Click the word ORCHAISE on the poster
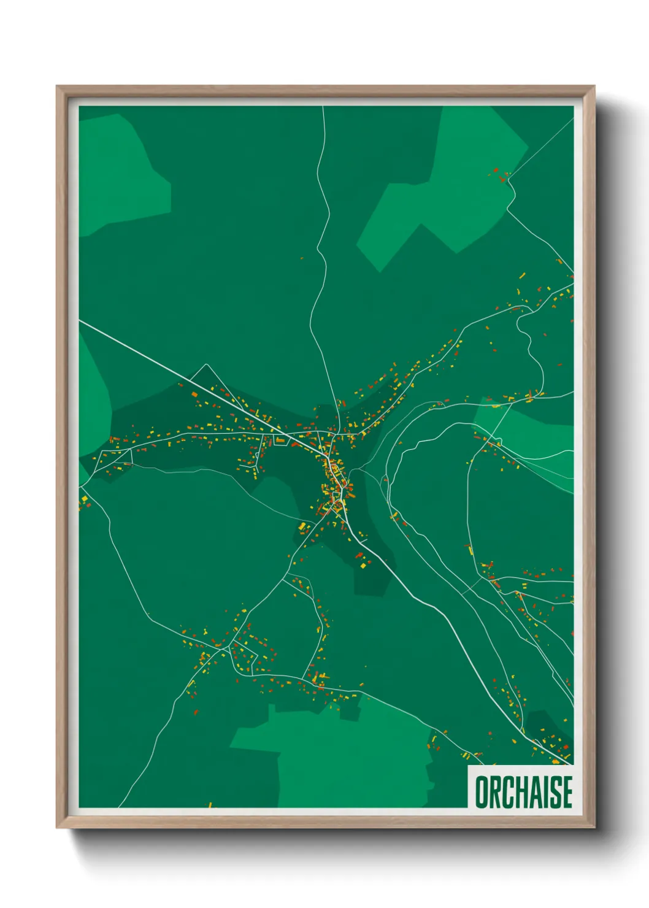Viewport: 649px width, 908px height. pyautogui.click(x=523, y=791)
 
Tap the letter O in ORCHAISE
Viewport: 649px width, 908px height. pyautogui.click(x=482, y=792)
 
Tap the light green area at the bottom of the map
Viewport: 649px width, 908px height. pyautogui.click(x=344, y=761)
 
